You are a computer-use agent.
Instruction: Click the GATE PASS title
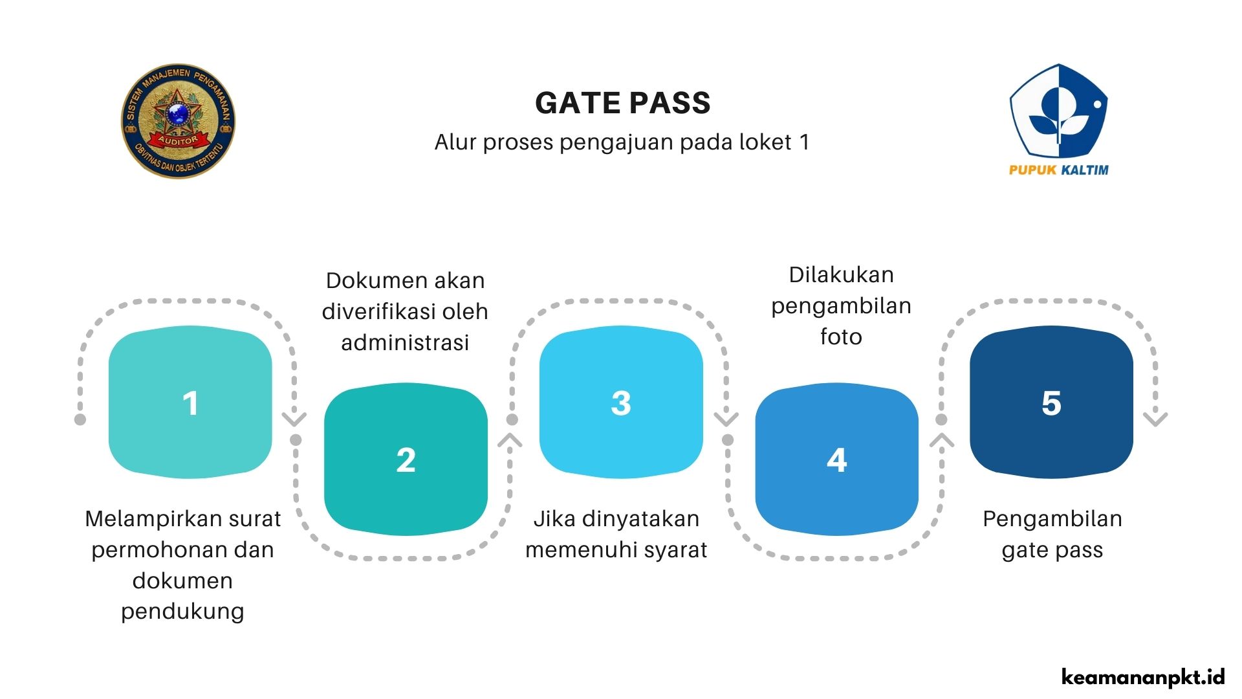(x=622, y=104)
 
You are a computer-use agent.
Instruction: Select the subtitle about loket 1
(x=622, y=142)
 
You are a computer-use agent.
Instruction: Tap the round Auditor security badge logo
(x=178, y=121)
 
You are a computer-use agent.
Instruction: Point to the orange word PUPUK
(x=1032, y=170)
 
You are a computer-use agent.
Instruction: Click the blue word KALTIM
(x=1085, y=170)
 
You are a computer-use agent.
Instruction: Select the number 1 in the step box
(x=190, y=403)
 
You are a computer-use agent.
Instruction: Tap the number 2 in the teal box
(x=406, y=460)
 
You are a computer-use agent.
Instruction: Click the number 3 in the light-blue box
(x=621, y=403)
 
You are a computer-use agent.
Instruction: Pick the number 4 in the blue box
(x=836, y=460)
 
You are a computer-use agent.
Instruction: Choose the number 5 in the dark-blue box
(x=1051, y=403)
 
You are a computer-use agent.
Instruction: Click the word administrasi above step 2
(x=405, y=342)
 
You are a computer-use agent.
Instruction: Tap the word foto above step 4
(x=841, y=337)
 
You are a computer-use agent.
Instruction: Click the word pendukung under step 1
(x=182, y=611)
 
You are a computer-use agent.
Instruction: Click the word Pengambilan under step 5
(x=1052, y=519)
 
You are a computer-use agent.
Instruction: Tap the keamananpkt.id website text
(x=1143, y=677)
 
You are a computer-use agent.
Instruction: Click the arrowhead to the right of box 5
(x=1155, y=419)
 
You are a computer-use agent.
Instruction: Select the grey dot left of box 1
(x=80, y=419)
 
